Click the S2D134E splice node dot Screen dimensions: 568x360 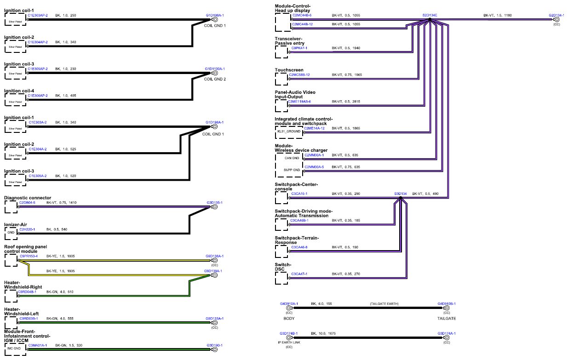(430, 19)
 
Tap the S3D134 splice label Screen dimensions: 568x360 (401, 194)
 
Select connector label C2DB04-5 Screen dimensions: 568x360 (27, 203)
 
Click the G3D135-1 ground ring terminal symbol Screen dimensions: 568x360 (215, 207)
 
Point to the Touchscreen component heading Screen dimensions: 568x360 (289, 70)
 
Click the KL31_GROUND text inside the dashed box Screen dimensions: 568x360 (289, 131)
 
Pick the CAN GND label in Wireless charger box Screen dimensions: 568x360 (292, 158)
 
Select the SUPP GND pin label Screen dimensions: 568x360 (292, 170)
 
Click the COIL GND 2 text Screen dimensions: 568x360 (215, 79)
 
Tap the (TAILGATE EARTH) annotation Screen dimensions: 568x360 (384, 304)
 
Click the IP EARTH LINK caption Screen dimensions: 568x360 (289, 343)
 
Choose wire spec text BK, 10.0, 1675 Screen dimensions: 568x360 (323, 333)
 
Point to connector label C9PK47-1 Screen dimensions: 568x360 (299, 48)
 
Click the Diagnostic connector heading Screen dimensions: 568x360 (28, 198)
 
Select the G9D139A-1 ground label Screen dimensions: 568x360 (213, 271)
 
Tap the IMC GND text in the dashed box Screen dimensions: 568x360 (14, 349)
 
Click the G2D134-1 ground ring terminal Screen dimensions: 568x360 (557, 19)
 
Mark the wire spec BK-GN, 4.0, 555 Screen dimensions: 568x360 (60, 319)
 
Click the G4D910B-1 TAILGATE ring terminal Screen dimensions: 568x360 (447, 308)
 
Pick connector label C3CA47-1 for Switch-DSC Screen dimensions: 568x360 (299, 274)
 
